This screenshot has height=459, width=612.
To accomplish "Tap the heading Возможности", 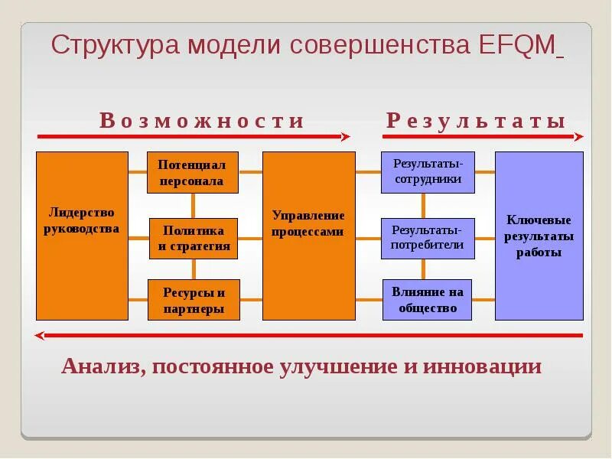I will click(202, 121).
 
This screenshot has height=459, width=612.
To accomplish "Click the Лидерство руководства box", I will click(83, 235).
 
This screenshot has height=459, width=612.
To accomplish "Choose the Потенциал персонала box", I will click(192, 173).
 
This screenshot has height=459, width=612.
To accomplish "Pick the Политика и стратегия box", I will click(194, 239).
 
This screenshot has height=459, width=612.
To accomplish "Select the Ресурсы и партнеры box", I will click(194, 300).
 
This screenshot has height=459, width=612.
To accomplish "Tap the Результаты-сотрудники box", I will click(427, 172).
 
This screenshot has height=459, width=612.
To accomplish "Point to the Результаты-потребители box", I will click(427, 238).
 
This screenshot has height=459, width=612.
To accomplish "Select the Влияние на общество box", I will click(427, 299).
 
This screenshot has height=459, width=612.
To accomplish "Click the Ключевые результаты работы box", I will click(539, 236).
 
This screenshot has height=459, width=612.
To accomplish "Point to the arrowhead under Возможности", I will click(345, 137).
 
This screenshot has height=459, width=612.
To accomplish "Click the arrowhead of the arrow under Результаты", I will click(578, 137).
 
